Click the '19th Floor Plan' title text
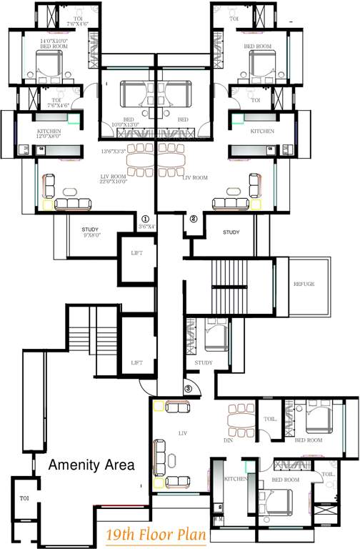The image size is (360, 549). click(156, 534)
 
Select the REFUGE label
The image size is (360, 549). click(304, 284)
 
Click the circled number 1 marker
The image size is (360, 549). click(145, 219)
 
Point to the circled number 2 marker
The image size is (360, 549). click(193, 219)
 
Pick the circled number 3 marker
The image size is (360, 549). click(188, 388)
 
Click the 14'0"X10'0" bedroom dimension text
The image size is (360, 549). click(55, 42)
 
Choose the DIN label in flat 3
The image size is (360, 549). click(229, 441)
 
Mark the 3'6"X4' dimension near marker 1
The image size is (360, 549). click(146, 227)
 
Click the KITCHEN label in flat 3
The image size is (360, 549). click(236, 478)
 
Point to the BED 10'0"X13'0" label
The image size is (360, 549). click(128, 122)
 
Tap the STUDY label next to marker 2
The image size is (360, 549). click(231, 232)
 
